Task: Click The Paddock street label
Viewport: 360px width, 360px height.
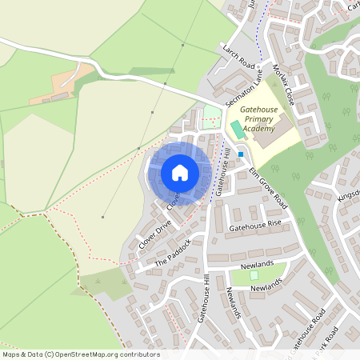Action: pyautogui.click(x=173, y=252)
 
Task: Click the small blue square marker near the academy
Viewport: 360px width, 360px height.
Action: pyautogui.click(x=241, y=155)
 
